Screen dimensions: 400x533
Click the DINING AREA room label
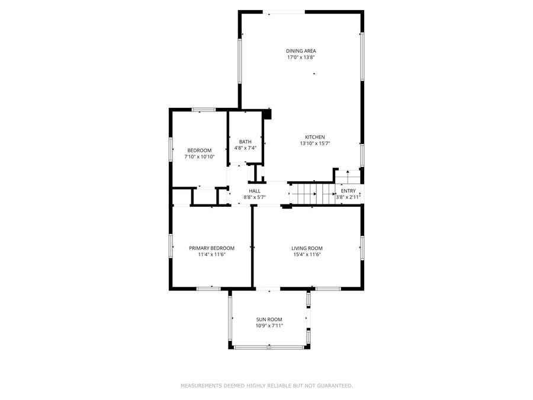coord(301,51)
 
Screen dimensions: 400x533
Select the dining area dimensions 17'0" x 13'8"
coord(301,57)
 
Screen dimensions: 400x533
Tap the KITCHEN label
coord(314,137)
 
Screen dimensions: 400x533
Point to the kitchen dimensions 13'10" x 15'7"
coord(314,143)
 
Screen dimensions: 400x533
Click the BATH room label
coord(245,142)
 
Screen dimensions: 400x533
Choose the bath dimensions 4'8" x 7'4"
coord(245,148)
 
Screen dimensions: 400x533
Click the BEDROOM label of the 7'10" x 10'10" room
coord(199,150)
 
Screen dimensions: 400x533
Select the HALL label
coord(254,191)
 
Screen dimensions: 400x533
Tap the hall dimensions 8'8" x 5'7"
coord(254,197)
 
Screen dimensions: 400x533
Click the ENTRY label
coord(348,191)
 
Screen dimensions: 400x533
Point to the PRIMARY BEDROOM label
coord(211,248)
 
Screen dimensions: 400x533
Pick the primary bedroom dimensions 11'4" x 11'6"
coord(211,254)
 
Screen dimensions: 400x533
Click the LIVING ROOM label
coord(307,248)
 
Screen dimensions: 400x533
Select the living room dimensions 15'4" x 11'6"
coord(307,254)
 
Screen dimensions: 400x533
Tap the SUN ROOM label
coord(269,319)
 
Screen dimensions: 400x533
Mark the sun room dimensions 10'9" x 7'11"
coord(269,326)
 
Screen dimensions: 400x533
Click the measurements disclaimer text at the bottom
coord(266,386)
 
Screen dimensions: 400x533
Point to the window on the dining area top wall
coord(284,11)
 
